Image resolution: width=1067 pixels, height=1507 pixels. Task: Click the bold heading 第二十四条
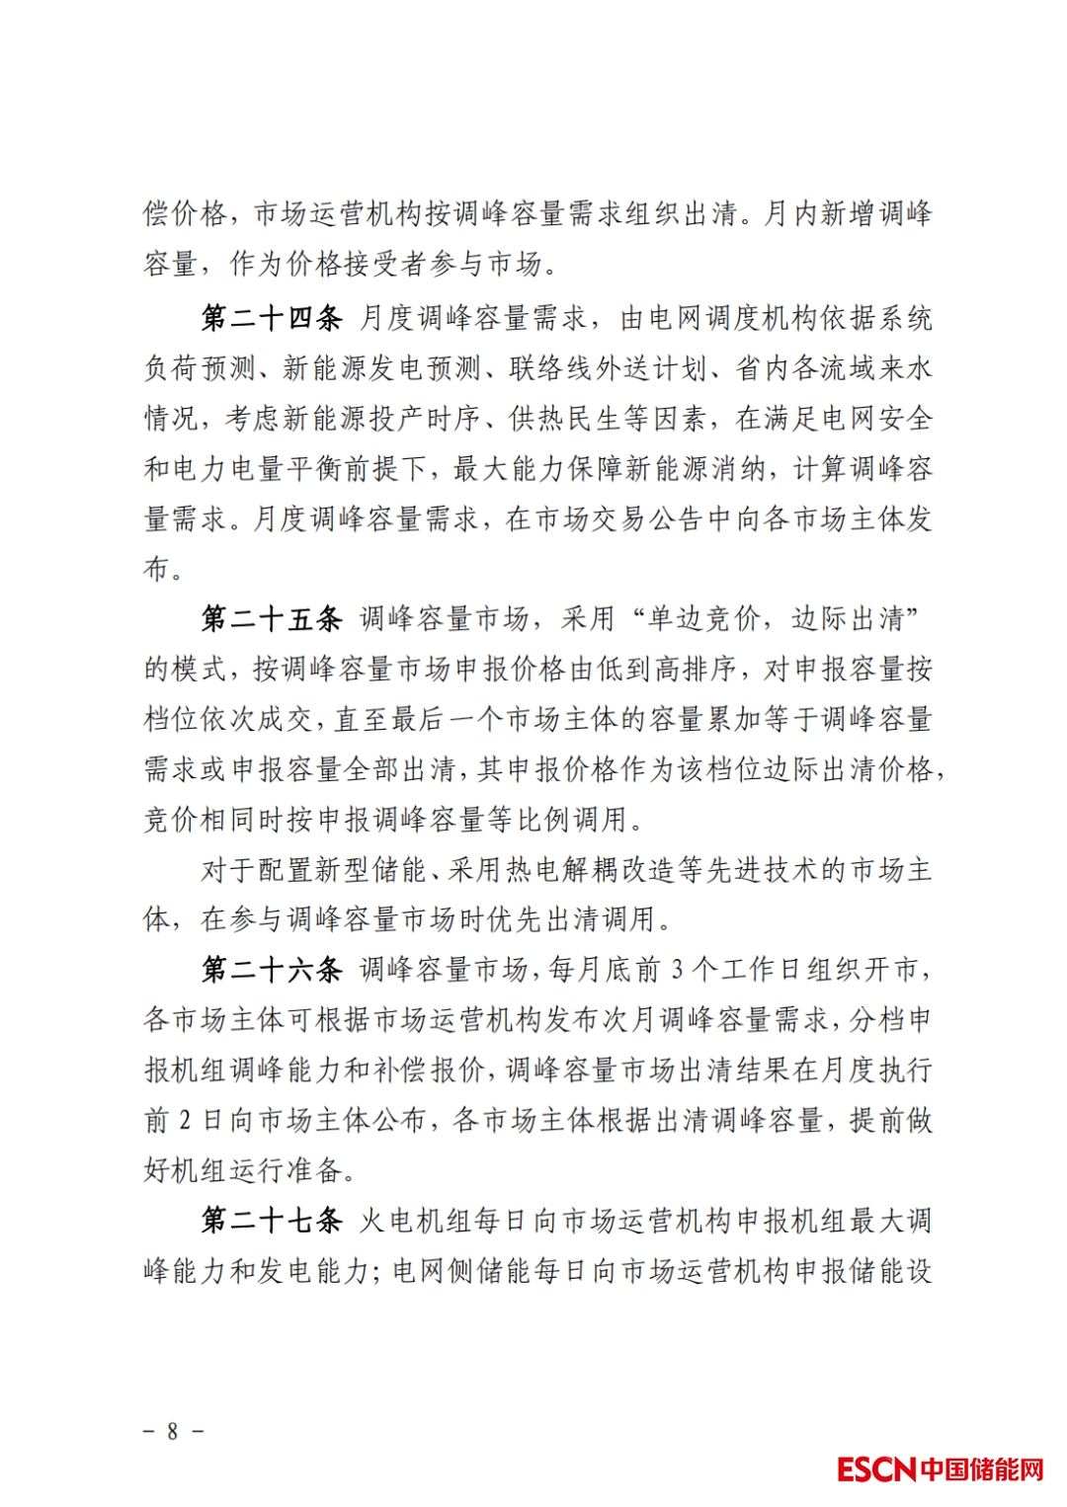click(272, 318)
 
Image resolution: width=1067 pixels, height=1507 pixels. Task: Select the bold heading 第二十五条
click(272, 619)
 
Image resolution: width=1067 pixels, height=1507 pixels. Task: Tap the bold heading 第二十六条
click(272, 970)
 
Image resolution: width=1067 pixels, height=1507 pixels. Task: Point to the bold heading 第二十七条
click(272, 1221)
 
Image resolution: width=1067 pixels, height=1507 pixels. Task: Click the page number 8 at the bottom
click(173, 1431)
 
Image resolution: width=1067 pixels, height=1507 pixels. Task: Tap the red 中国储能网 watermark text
click(982, 1469)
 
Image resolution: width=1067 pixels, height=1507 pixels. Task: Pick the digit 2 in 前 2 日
click(185, 1121)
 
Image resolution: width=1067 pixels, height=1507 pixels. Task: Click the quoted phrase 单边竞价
click(703, 619)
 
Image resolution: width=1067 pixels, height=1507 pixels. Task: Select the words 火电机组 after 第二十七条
click(415, 1221)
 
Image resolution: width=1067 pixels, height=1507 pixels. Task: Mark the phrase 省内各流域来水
click(833, 368)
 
